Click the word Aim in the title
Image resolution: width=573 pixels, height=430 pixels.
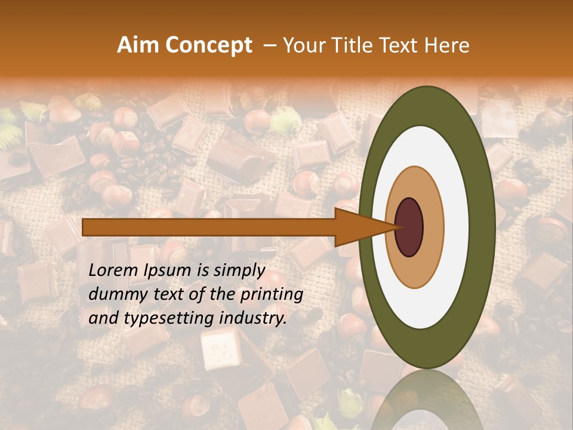point(137,45)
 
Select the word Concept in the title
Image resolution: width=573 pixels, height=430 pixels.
point(208,45)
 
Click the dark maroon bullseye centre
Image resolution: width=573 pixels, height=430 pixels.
point(409,227)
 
